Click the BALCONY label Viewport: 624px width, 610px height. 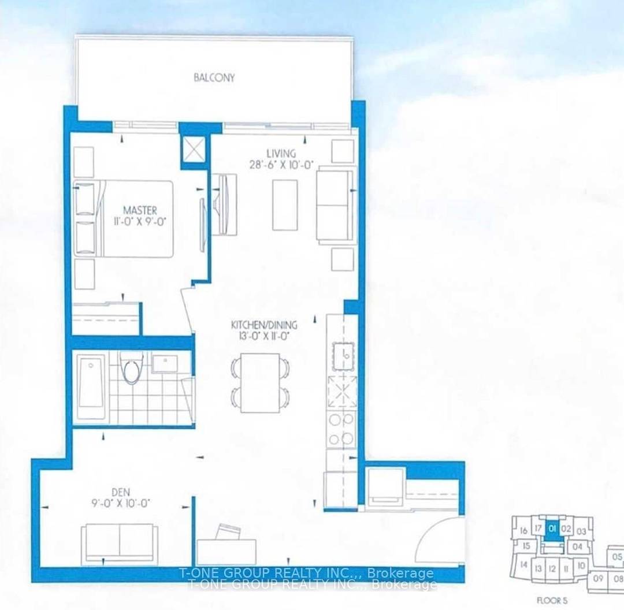click(x=214, y=77)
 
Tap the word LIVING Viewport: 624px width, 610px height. click(x=281, y=154)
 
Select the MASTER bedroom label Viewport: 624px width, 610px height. click(x=139, y=210)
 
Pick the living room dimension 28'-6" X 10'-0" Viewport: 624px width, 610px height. click(x=281, y=164)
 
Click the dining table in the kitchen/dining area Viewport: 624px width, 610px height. click(x=260, y=382)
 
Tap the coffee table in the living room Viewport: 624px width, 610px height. click(x=285, y=204)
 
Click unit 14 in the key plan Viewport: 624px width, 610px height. click(x=523, y=564)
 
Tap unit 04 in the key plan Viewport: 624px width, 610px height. click(x=577, y=546)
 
